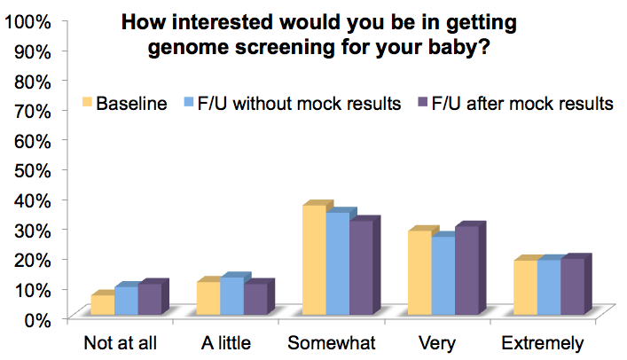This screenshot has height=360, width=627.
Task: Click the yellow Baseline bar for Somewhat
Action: point(314,260)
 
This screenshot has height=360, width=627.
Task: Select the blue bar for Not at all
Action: point(126,301)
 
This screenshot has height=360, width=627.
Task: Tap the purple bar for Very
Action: point(467,270)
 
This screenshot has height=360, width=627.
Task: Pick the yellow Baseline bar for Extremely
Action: point(525,287)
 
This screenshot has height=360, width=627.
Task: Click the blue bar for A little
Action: point(232,296)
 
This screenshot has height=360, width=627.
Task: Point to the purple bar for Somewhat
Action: point(361,268)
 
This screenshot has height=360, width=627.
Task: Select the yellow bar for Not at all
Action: point(103,305)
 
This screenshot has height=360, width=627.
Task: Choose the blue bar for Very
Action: point(443,276)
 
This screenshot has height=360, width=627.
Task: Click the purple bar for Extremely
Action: point(573,286)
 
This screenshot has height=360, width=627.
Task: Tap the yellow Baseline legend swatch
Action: point(87,102)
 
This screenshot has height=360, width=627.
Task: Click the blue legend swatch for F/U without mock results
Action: point(189,102)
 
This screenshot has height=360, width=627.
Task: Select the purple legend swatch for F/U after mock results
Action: point(423,102)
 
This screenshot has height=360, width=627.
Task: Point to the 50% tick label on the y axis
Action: point(33,171)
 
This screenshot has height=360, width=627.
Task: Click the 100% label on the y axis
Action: point(28,22)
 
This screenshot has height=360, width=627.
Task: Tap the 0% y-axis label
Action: point(37,320)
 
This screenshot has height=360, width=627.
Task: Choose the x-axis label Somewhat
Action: point(332,343)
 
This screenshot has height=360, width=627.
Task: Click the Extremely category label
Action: point(543,344)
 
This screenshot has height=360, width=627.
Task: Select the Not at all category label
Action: point(121,343)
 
